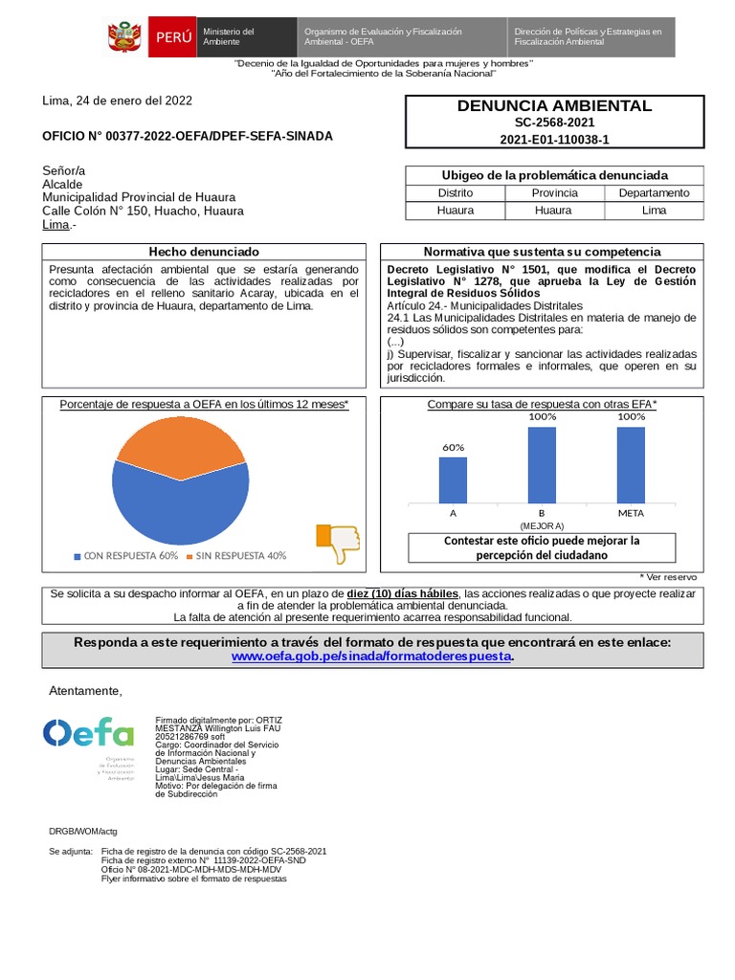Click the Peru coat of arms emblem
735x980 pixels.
[124, 37]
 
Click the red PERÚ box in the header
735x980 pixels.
[172, 37]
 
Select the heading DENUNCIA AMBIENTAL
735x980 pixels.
[554, 106]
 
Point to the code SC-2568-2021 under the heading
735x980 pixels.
[554, 123]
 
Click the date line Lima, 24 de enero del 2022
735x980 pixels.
[117, 100]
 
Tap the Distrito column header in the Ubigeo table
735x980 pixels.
[455, 192]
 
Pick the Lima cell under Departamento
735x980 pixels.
[654, 210]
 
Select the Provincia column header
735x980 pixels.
[554, 192]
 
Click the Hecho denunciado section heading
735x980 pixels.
[203, 251]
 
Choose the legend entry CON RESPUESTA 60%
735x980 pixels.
[125, 556]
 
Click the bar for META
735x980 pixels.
[631, 464]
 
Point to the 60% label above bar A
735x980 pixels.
[453, 447]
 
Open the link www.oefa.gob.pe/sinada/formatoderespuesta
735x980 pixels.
[372, 657]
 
